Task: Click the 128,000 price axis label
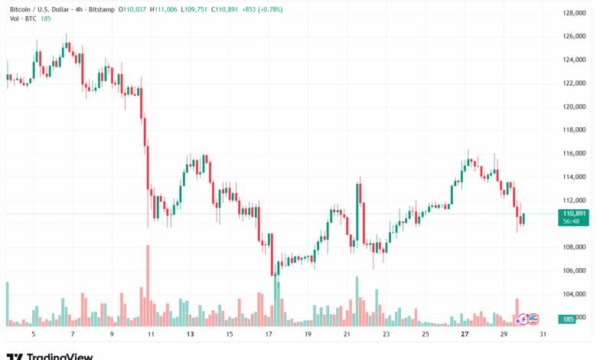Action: (x=573, y=13)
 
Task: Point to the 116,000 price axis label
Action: (x=573, y=153)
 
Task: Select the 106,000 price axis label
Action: (x=573, y=270)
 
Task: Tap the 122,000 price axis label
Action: (x=573, y=83)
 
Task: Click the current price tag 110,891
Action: (x=573, y=213)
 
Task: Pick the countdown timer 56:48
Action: (x=573, y=221)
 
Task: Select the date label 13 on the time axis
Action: (x=190, y=335)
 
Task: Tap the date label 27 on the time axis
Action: (x=465, y=335)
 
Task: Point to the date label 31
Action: (x=543, y=335)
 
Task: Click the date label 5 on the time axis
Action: (x=33, y=335)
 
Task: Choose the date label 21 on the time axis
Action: (x=347, y=335)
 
